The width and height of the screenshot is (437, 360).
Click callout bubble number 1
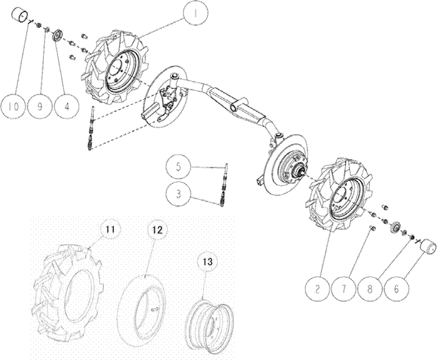(x=195, y=13)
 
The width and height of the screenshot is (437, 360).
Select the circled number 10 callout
(x=13, y=106)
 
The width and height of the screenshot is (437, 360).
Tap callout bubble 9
(x=40, y=106)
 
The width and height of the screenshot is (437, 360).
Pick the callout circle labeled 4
(x=67, y=106)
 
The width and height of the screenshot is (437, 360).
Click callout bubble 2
(x=317, y=289)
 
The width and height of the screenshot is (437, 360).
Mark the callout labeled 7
(x=344, y=289)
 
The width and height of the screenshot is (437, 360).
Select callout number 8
(x=370, y=289)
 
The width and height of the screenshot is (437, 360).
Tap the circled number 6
(x=396, y=289)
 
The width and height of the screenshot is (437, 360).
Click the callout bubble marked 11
(x=110, y=230)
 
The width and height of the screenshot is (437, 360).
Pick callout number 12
(x=157, y=230)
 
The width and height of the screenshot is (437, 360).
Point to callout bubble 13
(x=207, y=262)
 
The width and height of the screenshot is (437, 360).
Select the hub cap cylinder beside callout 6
(x=429, y=245)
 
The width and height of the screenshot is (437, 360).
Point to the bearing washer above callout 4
(x=58, y=37)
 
